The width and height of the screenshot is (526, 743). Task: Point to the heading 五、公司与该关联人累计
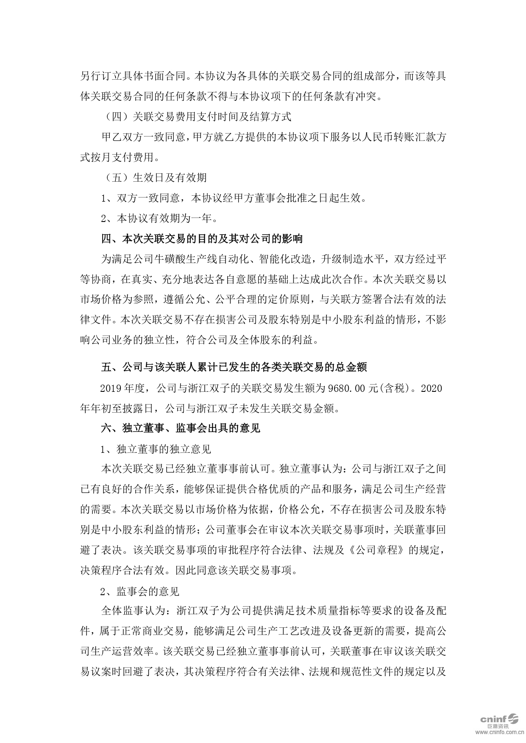pos(234,367)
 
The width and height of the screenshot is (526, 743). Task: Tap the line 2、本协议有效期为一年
pos(161,219)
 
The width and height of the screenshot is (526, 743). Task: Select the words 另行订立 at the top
pos(101,76)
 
